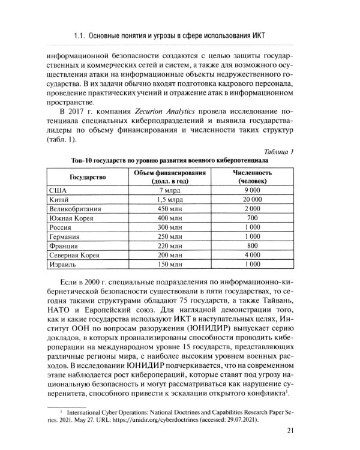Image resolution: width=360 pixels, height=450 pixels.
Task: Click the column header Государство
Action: pos(88,178)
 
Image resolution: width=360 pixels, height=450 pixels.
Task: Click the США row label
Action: pos(59,190)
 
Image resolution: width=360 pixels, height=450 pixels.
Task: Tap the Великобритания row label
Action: pos(77,209)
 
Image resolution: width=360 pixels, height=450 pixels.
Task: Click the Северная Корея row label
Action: pos(76,256)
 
